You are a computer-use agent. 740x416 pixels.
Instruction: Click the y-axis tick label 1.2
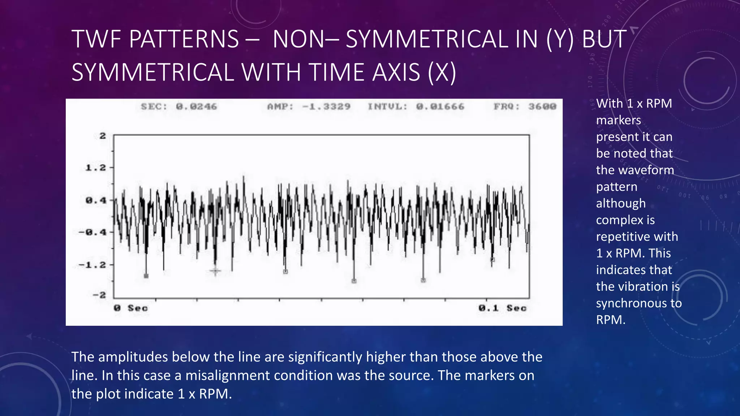[x=96, y=168]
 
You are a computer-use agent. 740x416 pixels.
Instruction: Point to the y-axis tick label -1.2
[x=92, y=265]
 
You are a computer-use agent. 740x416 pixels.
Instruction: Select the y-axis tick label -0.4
[x=92, y=232]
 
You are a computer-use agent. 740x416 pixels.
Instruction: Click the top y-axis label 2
[x=103, y=136]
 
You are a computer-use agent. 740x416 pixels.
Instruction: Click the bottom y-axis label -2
[x=99, y=295]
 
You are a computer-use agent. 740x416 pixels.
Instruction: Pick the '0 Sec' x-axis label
[x=131, y=308]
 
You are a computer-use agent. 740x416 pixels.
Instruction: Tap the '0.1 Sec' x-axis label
[x=502, y=308]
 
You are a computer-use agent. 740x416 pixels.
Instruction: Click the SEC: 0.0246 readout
[x=179, y=107]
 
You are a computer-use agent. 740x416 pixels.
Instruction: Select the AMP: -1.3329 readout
[x=309, y=107]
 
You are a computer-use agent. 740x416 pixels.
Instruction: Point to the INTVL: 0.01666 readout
[x=416, y=107]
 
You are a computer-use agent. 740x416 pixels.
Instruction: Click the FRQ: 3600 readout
[x=525, y=107]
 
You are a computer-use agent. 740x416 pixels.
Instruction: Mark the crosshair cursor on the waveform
[x=215, y=271]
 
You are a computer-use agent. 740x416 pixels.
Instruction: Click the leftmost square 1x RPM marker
[x=146, y=276]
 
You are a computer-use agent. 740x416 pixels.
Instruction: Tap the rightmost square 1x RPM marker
[x=492, y=259]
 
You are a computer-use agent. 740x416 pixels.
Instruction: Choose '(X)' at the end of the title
[x=442, y=72]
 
